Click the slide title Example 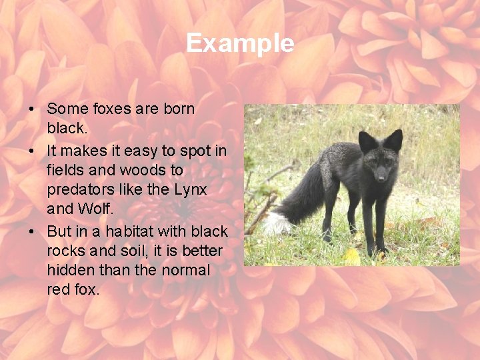point(240,43)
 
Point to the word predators point(77,189)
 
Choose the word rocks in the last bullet point(65,251)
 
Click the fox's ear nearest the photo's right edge point(394,139)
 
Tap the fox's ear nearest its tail point(367,141)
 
